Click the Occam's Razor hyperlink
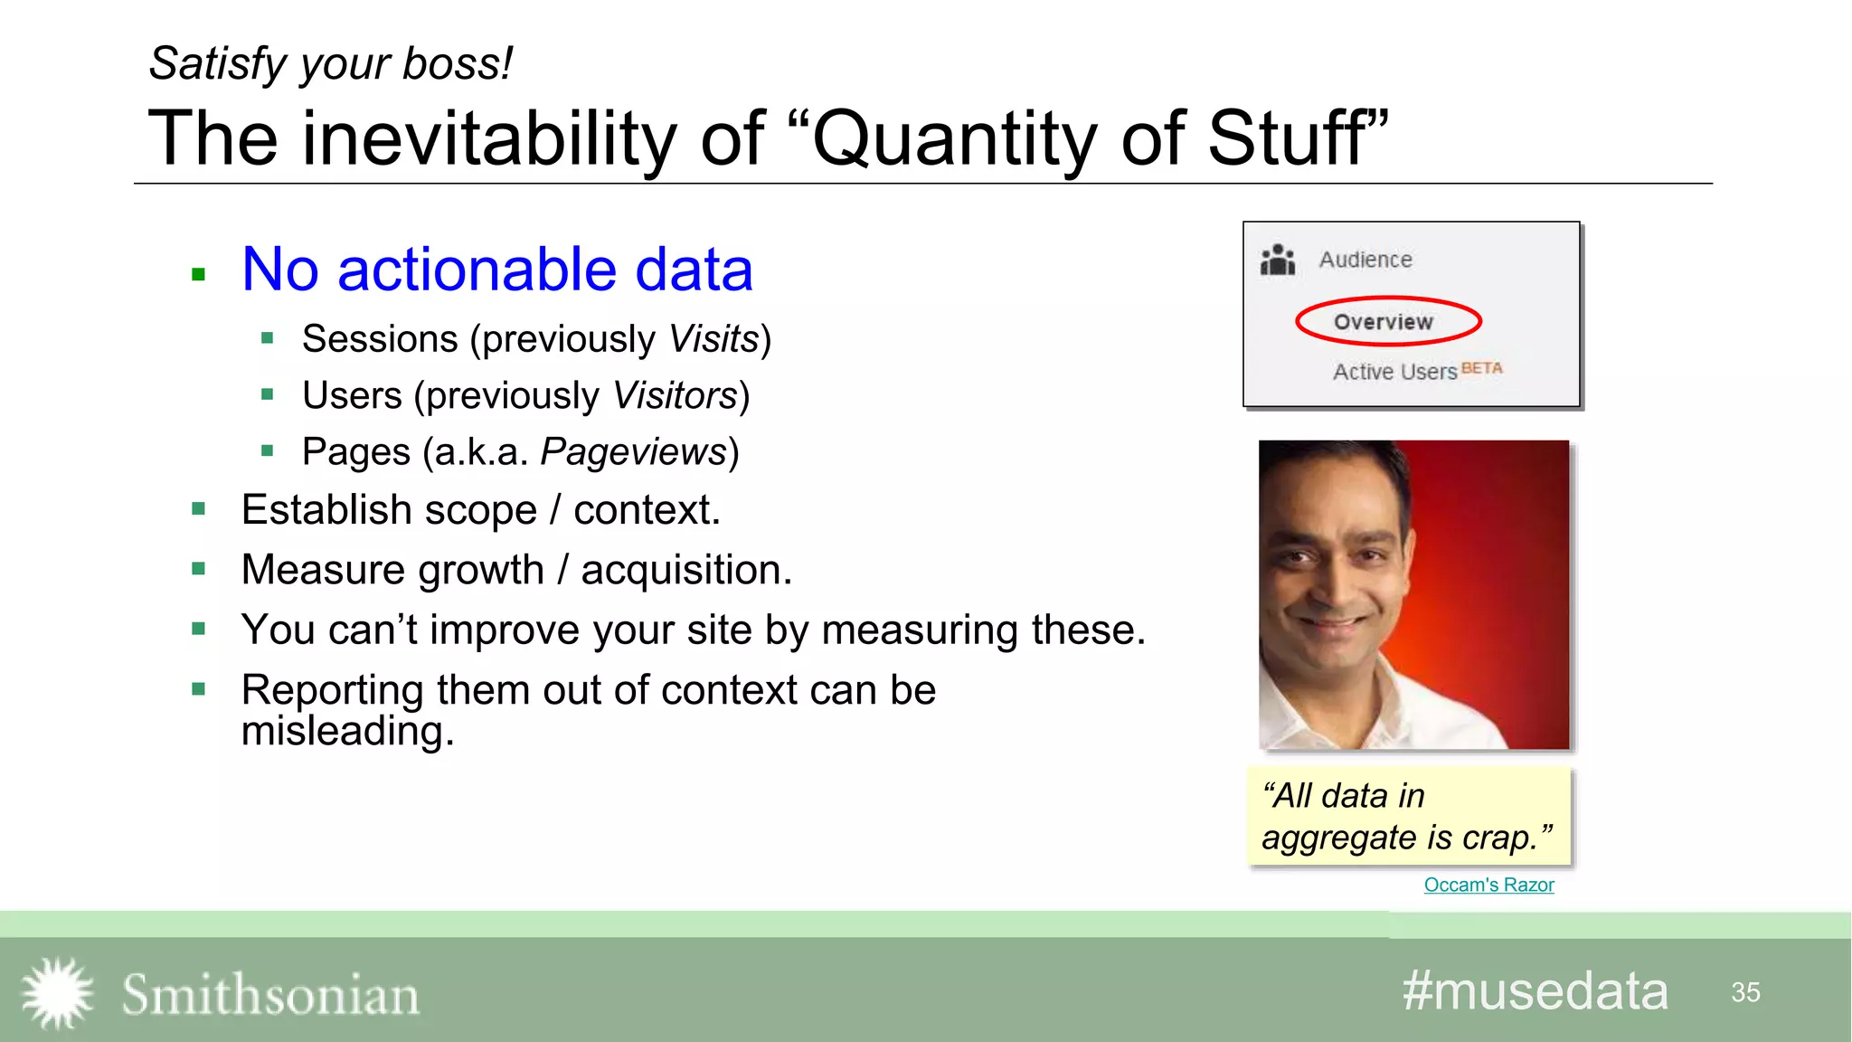(x=1488, y=885)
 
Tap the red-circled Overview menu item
(x=1384, y=322)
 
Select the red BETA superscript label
(x=1481, y=368)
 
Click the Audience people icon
(x=1278, y=260)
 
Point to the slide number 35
(x=1745, y=992)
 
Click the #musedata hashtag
(x=1535, y=991)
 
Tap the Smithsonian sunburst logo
(x=57, y=993)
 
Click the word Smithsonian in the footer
(x=270, y=995)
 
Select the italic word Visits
(x=713, y=339)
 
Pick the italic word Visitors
(x=675, y=396)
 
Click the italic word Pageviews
(x=634, y=452)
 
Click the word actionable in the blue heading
(x=477, y=270)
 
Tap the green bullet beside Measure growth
(x=199, y=569)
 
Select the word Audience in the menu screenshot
(x=1365, y=260)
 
